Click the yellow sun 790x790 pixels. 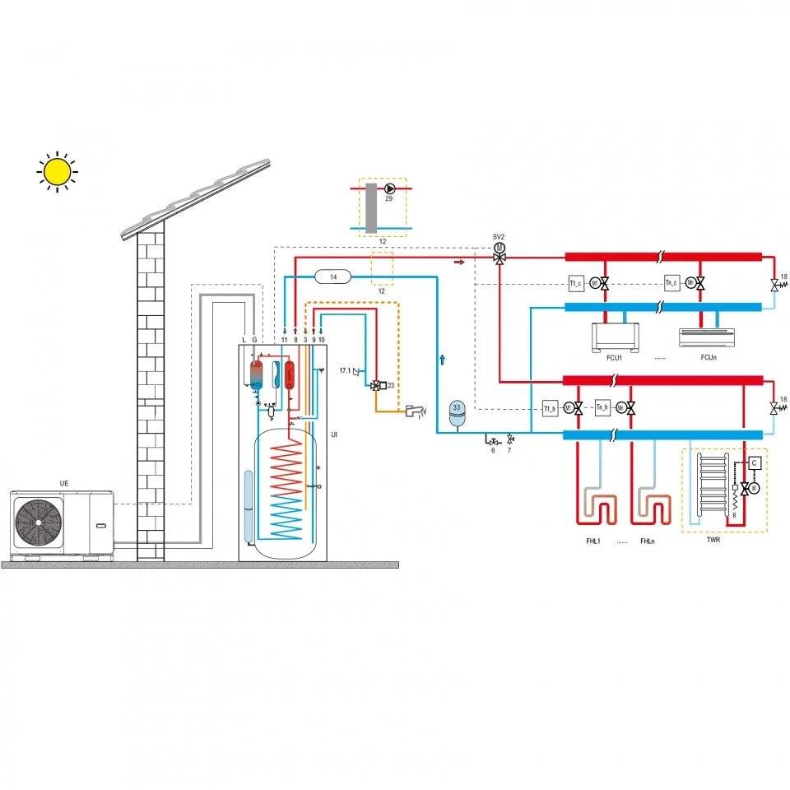(x=57, y=171)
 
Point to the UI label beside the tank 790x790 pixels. (x=333, y=434)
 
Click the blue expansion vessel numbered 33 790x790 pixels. (x=457, y=409)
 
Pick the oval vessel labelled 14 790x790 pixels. (x=333, y=276)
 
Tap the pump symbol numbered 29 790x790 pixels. (x=389, y=188)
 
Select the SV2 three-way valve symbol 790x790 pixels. (x=499, y=258)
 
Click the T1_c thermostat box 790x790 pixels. (x=576, y=284)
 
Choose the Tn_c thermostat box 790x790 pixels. (x=671, y=284)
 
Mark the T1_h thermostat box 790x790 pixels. (x=550, y=407)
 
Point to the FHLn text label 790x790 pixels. (x=647, y=541)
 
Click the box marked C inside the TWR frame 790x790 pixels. (x=754, y=462)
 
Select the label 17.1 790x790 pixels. (x=346, y=371)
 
